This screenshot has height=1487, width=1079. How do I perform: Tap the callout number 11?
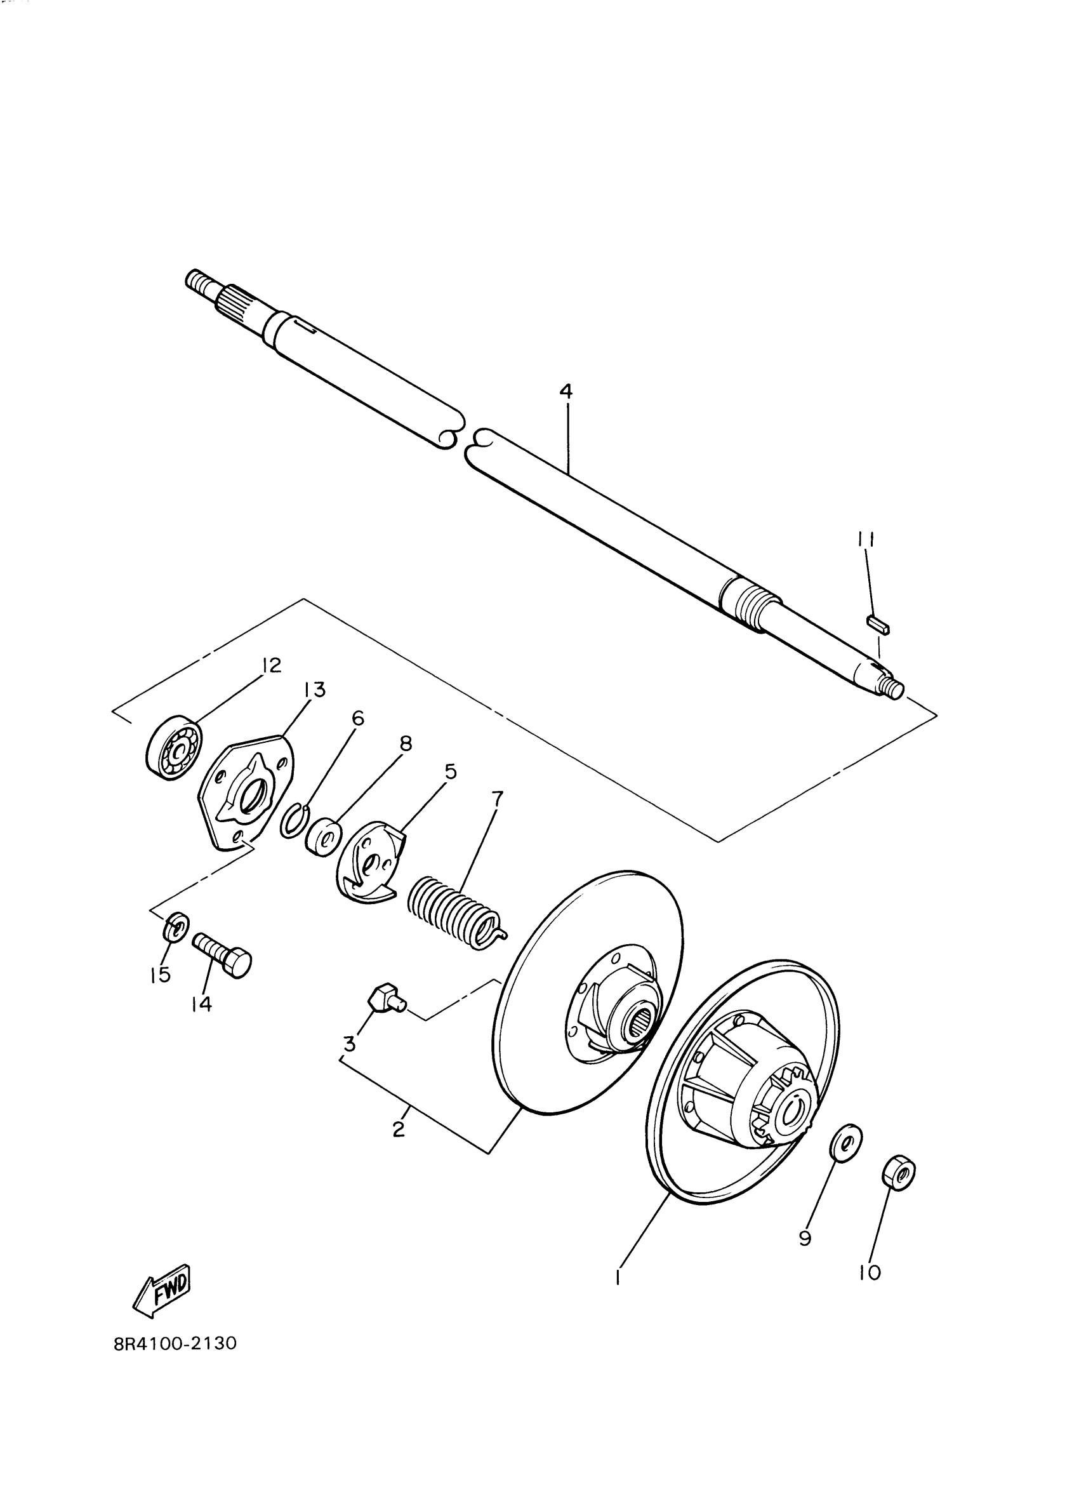865,539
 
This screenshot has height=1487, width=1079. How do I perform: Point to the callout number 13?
314,690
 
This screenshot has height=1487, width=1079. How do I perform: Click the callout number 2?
399,1130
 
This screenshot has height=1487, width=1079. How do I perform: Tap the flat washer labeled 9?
845,1143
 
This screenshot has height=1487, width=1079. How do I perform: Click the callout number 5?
451,771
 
